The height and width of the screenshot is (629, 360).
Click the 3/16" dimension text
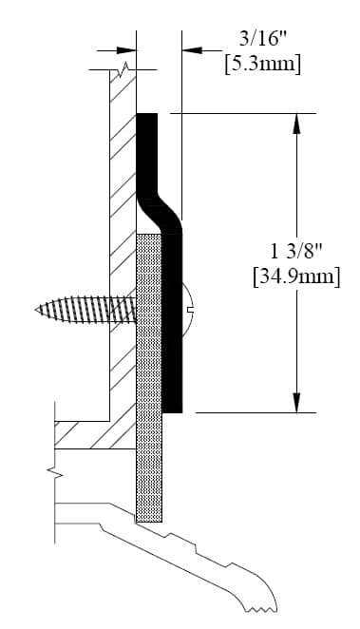263,40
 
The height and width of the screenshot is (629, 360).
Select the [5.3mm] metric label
262,65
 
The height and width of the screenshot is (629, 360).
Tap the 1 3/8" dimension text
296,252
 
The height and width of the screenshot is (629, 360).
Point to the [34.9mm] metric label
296,277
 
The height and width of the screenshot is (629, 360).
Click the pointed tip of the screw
37,310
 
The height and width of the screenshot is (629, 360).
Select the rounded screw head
188,310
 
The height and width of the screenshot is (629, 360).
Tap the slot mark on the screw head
191,310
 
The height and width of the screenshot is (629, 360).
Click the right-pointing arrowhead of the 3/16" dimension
126,50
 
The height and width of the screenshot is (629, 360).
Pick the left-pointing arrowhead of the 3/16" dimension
192,50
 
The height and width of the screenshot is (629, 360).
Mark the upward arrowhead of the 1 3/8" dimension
296,124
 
